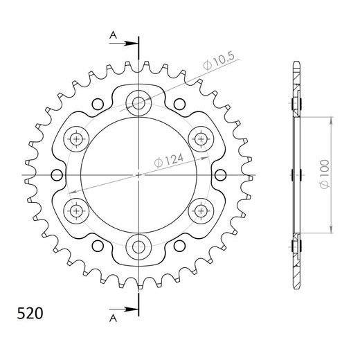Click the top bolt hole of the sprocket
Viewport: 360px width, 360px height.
(x=138, y=103)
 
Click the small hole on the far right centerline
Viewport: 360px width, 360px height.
(x=220, y=174)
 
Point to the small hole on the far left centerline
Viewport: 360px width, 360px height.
(x=57, y=174)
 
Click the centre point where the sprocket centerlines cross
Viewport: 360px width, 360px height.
(x=138, y=174)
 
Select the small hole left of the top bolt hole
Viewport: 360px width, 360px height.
(x=98, y=104)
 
